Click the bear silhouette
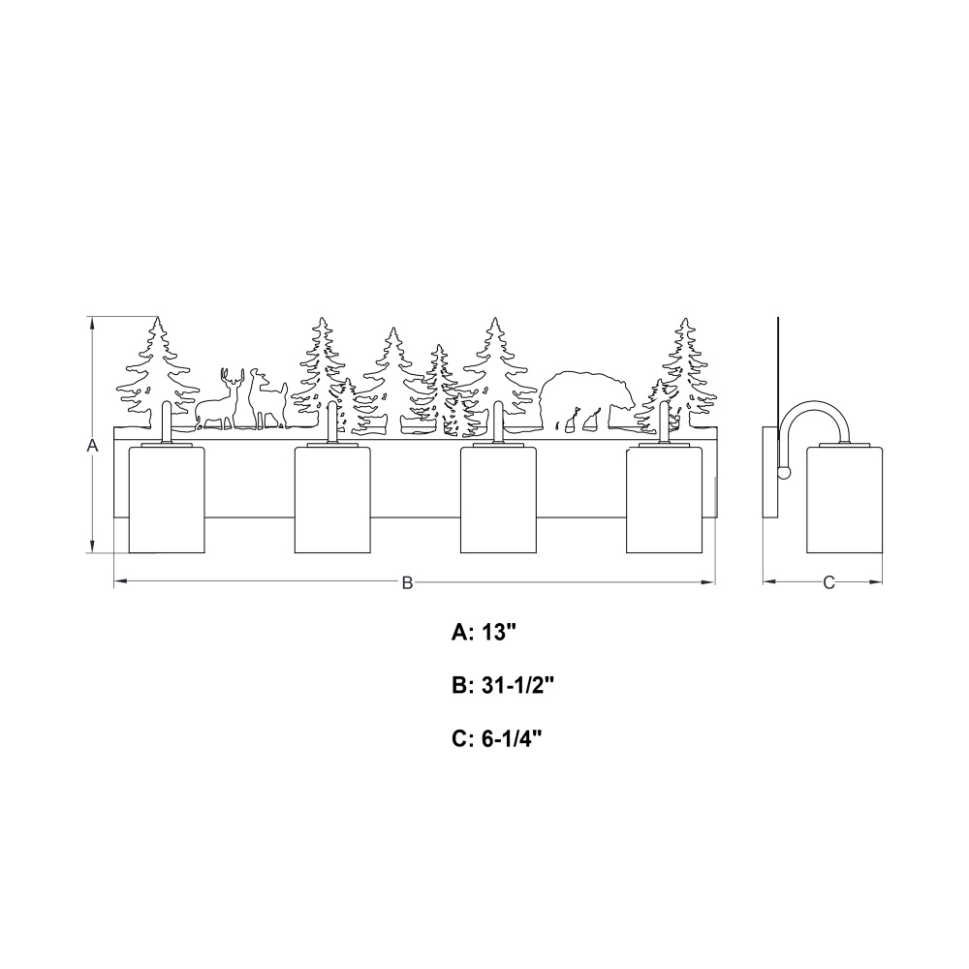coord(584,398)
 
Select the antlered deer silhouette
coord(219,402)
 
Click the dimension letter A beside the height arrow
coord(93,445)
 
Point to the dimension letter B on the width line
coord(407,582)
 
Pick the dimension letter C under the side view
coord(828,582)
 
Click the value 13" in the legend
coord(499,632)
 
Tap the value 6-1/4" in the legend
coord(512,738)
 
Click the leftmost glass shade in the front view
coord(167,499)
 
